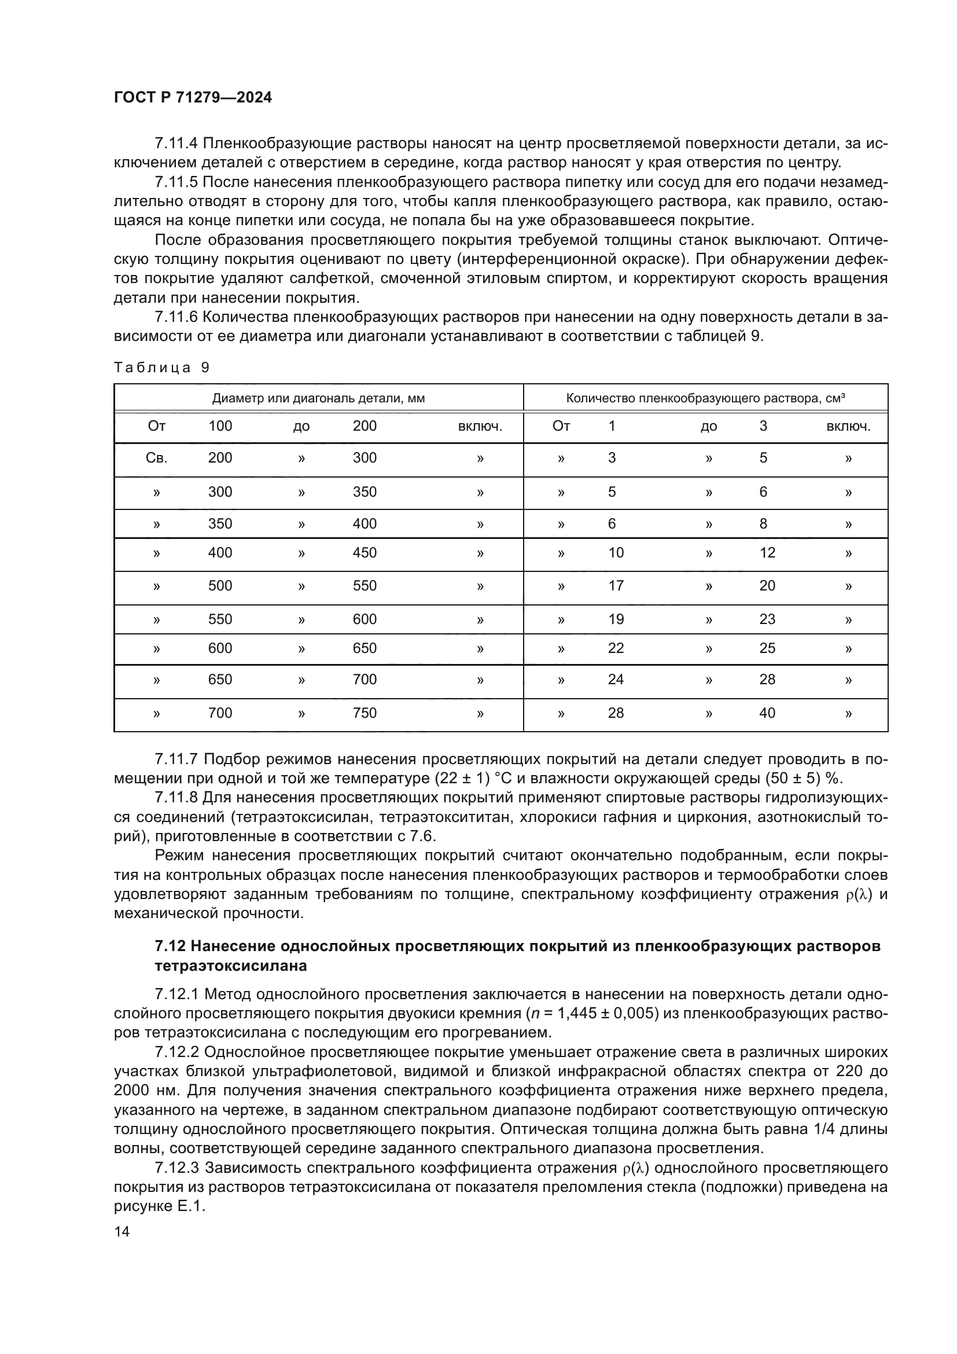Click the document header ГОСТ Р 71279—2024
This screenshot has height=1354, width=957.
click(193, 98)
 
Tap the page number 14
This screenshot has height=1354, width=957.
click(122, 1231)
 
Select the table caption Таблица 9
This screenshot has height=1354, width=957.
click(161, 368)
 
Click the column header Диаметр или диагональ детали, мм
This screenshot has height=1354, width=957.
click(318, 398)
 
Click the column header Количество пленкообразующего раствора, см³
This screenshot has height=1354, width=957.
click(705, 398)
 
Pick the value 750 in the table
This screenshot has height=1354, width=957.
click(364, 713)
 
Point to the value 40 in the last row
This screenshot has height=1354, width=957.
click(767, 713)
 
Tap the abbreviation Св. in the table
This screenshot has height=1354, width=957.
click(156, 458)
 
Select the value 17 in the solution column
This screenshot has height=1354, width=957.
click(615, 586)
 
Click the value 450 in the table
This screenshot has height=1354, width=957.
click(364, 553)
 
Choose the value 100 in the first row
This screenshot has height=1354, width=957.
click(220, 426)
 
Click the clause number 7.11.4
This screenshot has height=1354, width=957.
click(177, 144)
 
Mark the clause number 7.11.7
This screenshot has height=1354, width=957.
click(177, 759)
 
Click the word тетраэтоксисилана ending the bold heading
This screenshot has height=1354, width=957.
click(230, 966)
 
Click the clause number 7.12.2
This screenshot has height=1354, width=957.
click(177, 1052)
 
